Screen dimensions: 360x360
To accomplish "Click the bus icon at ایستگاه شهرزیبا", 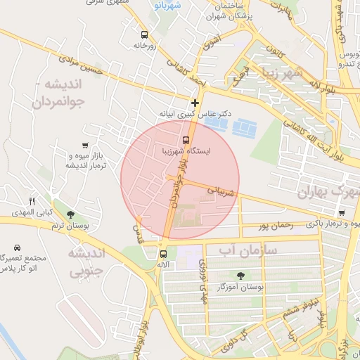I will coord(186,139).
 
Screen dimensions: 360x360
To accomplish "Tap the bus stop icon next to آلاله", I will coord(163,254).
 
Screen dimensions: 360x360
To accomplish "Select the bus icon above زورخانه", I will coord(144,34).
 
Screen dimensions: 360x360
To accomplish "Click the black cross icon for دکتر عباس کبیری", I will coord(195,103).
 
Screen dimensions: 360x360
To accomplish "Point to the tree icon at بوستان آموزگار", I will coord(241,275).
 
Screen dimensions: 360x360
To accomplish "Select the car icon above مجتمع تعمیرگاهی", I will coord(16,247).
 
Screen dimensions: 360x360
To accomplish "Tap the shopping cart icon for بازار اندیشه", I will coord(85,145).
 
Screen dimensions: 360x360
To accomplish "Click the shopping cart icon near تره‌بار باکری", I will coord(341,212).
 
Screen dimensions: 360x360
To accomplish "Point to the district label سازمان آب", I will coord(247,250).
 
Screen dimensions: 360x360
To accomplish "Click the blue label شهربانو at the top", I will coord(167,6).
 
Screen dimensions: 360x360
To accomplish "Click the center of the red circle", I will coord(180,180).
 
